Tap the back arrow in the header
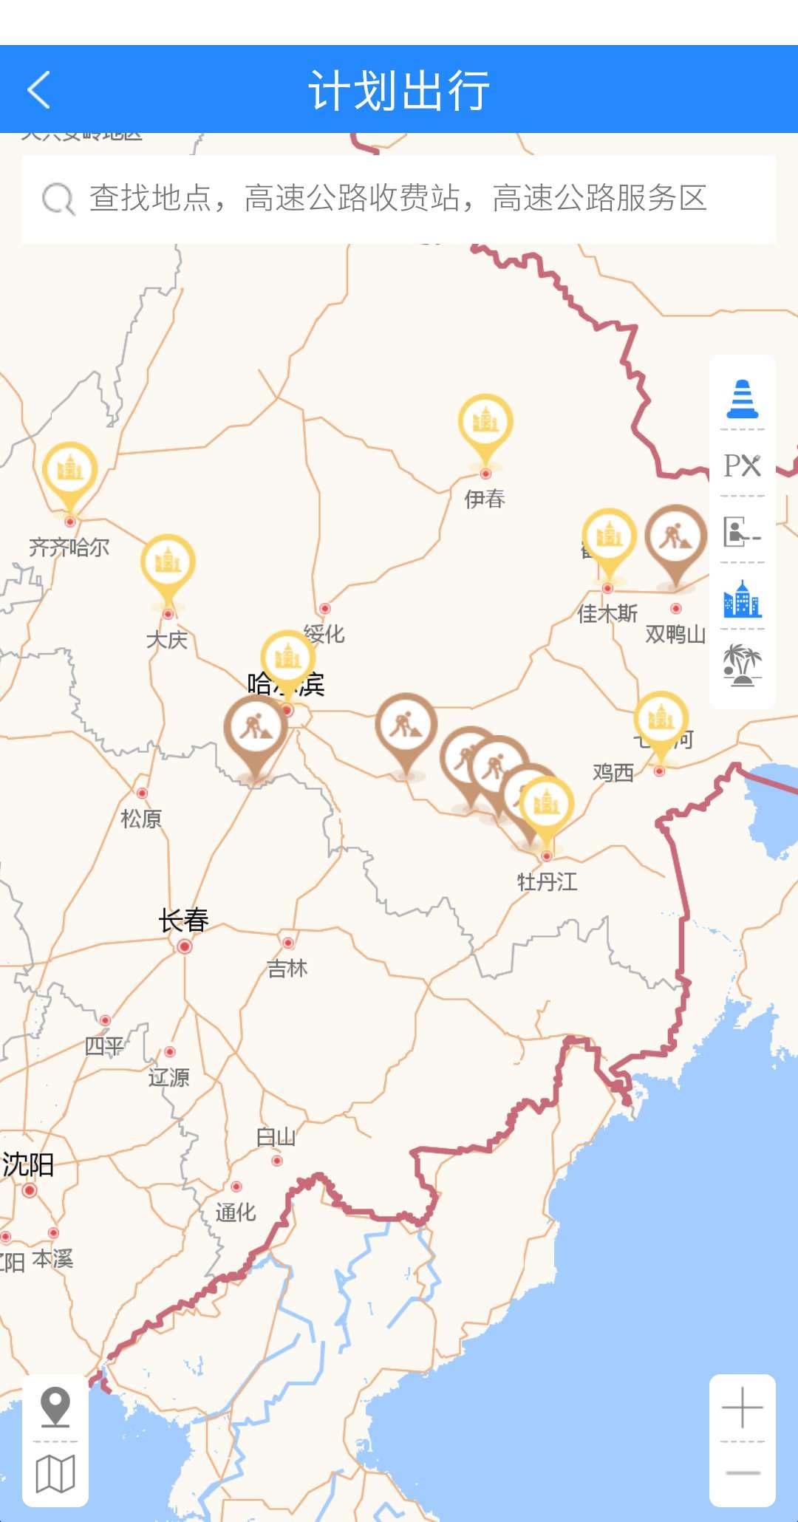(x=39, y=90)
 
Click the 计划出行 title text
(x=399, y=90)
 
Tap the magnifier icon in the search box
(x=58, y=199)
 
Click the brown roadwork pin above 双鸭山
(x=675, y=537)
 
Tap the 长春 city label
(x=184, y=921)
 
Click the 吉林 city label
(x=287, y=968)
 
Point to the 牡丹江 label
(x=547, y=881)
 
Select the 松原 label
(x=141, y=819)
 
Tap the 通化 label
(x=236, y=1212)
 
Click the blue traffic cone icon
(x=742, y=399)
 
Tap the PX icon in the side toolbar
(x=742, y=465)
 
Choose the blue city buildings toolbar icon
(x=742, y=599)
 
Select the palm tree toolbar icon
(x=742, y=664)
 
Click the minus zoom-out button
(x=742, y=1473)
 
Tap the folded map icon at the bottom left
(x=55, y=1474)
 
